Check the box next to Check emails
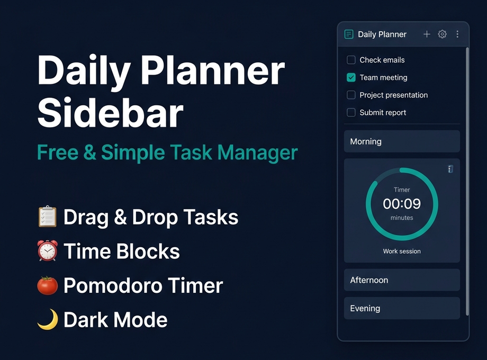click(x=351, y=60)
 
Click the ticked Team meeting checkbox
click(x=351, y=77)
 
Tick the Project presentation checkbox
click(x=351, y=95)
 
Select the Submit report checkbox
click(x=351, y=112)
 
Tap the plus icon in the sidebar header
click(x=427, y=34)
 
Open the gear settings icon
click(x=442, y=34)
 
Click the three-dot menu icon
click(x=457, y=34)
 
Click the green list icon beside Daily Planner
click(x=349, y=34)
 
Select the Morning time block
click(x=402, y=141)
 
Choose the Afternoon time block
click(x=402, y=280)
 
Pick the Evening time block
click(x=402, y=308)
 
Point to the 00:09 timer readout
click(x=402, y=204)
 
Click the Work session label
click(x=402, y=251)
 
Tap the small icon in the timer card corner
click(x=450, y=169)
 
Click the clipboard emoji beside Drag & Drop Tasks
click(x=47, y=217)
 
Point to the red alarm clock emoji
click(x=47, y=251)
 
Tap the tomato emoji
click(x=47, y=285)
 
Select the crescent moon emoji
click(x=47, y=320)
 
